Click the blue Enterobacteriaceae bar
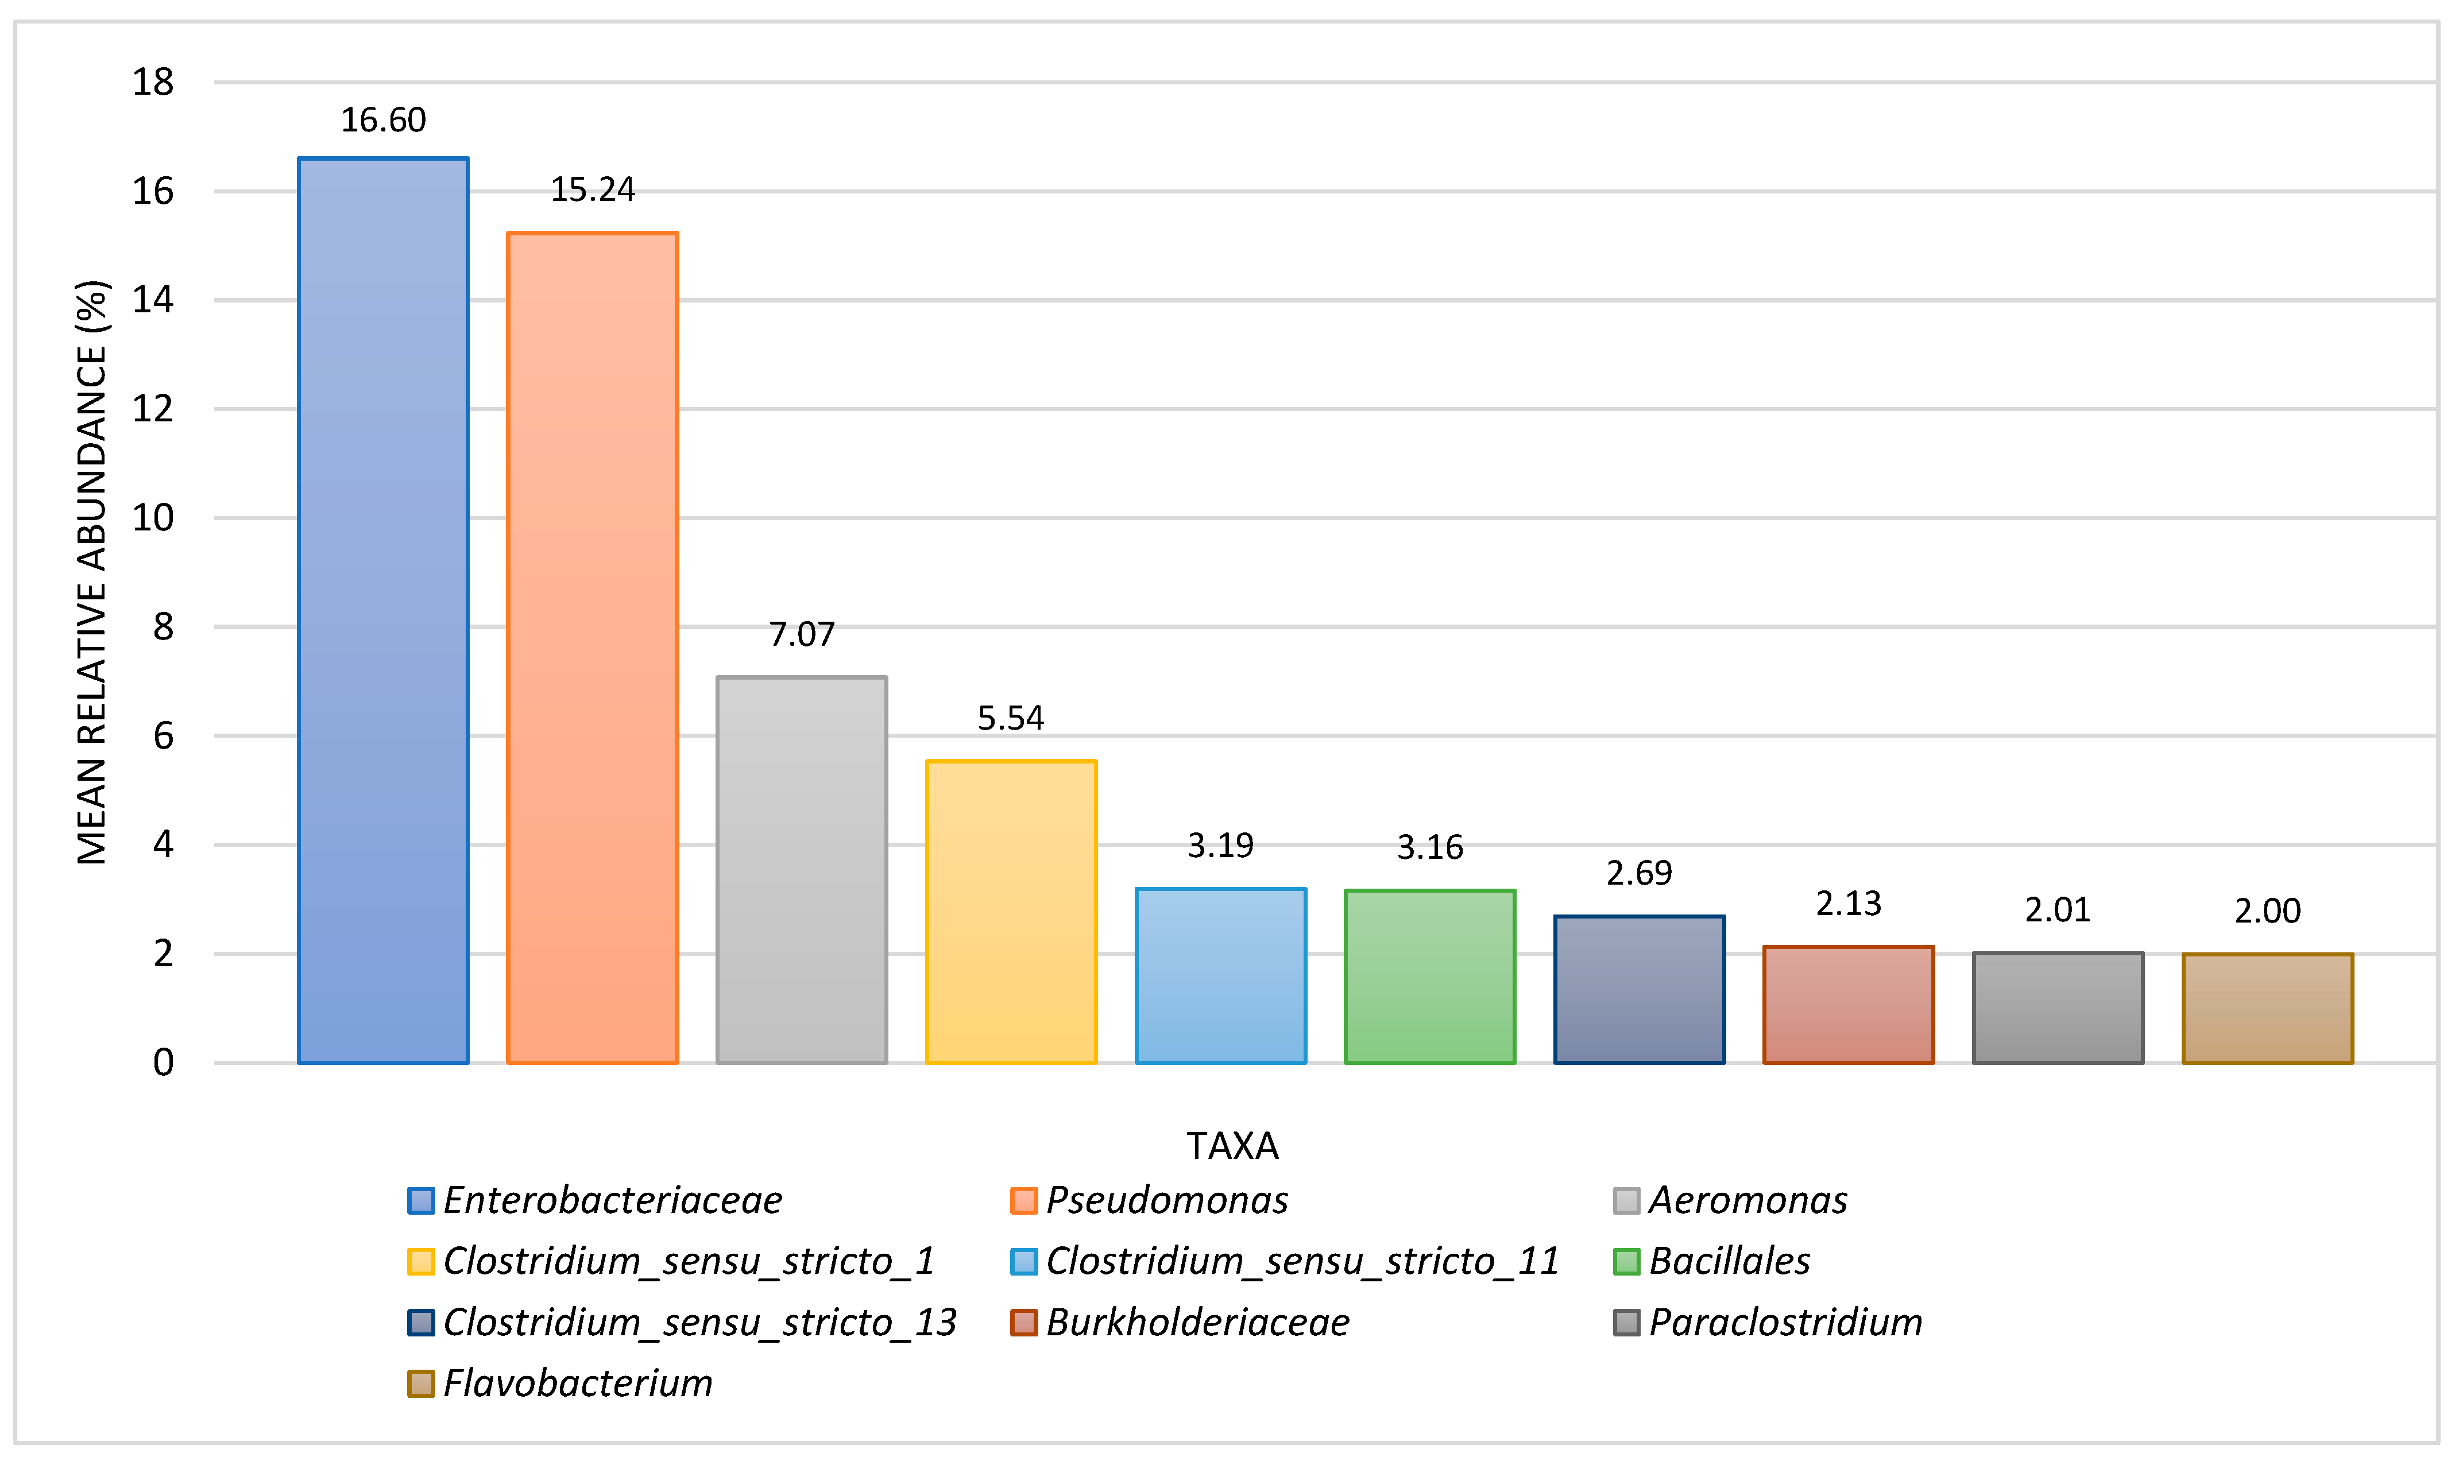click(383, 610)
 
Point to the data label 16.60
click(383, 120)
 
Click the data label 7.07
click(802, 634)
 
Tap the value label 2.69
click(1638, 873)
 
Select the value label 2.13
click(1849, 904)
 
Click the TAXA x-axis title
click(1232, 1146)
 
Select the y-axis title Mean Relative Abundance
click(91, 572)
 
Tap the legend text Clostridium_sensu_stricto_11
click(1302, 1261)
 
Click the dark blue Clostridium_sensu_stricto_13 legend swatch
click(420, 1322)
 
